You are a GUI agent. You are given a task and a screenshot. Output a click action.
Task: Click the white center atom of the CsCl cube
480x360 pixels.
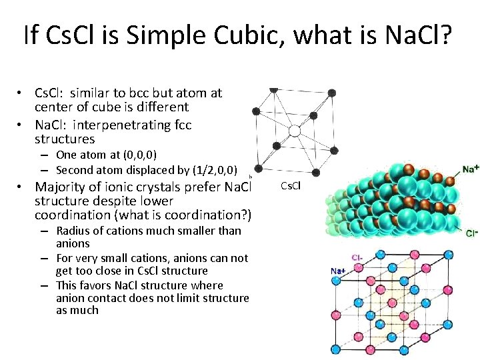[x=293, y=131]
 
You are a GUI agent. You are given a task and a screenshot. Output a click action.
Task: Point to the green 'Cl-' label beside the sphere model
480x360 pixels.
[x=471, y=233]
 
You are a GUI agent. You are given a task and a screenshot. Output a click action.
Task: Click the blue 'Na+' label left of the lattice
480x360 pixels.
[x=338, y=271]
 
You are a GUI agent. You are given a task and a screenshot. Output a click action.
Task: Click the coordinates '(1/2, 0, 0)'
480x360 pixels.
[x=211, y=169]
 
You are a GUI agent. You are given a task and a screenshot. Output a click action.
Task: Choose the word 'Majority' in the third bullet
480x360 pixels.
[x=62, y=187]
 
